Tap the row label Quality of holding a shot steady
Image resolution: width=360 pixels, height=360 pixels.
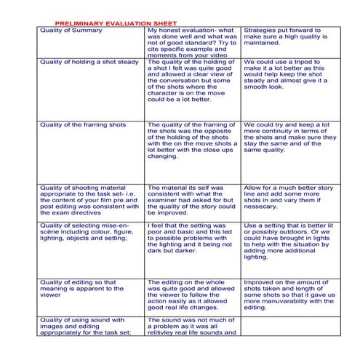coord(88,62)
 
